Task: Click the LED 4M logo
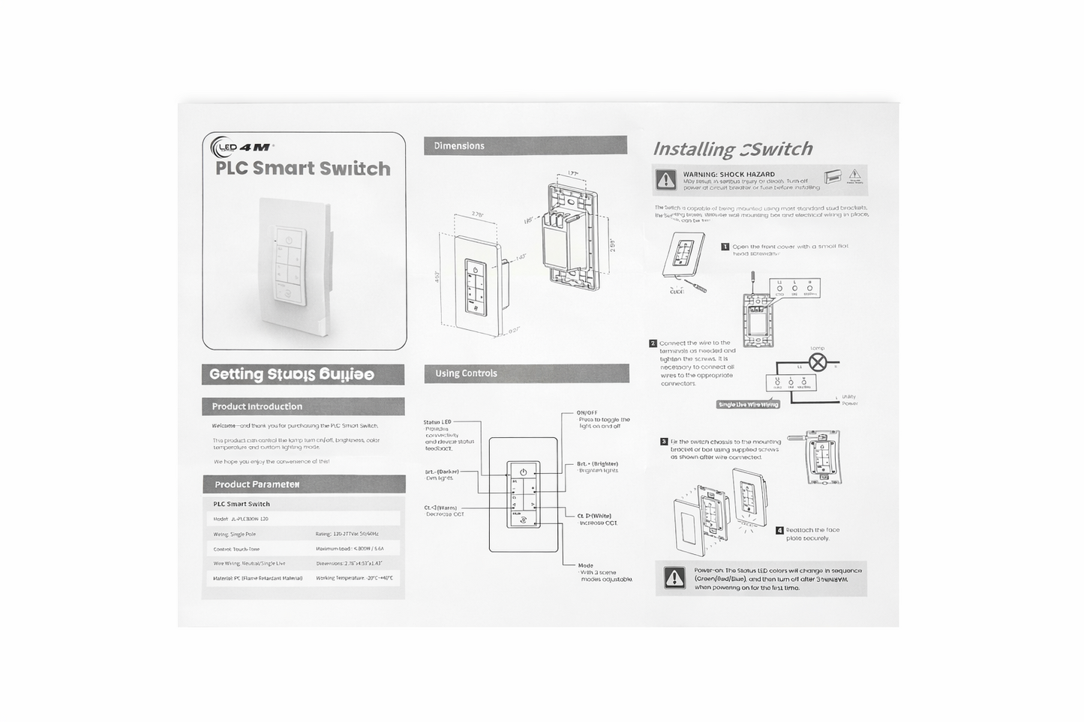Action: click(242, 146)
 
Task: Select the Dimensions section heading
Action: click(459, 146)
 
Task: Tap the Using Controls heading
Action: click(466, 373)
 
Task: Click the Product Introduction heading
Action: click(257, 406)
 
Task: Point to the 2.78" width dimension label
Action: click(477, 214)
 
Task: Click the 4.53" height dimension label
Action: click(438, 277)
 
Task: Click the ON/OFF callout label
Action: click(587, 413)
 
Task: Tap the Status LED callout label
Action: click(437, 422)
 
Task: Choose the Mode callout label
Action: click(586, 565)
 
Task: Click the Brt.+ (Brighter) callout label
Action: click(597, 463)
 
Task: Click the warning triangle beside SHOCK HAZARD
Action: click(665, 180)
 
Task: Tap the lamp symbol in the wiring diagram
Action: click(817, 364)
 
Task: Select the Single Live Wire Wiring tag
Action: click(749, 405)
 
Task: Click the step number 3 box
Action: click(664, 442)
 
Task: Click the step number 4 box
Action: click(779, 530)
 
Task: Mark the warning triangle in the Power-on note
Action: click(674, 578)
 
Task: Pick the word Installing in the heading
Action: click(694, 149)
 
